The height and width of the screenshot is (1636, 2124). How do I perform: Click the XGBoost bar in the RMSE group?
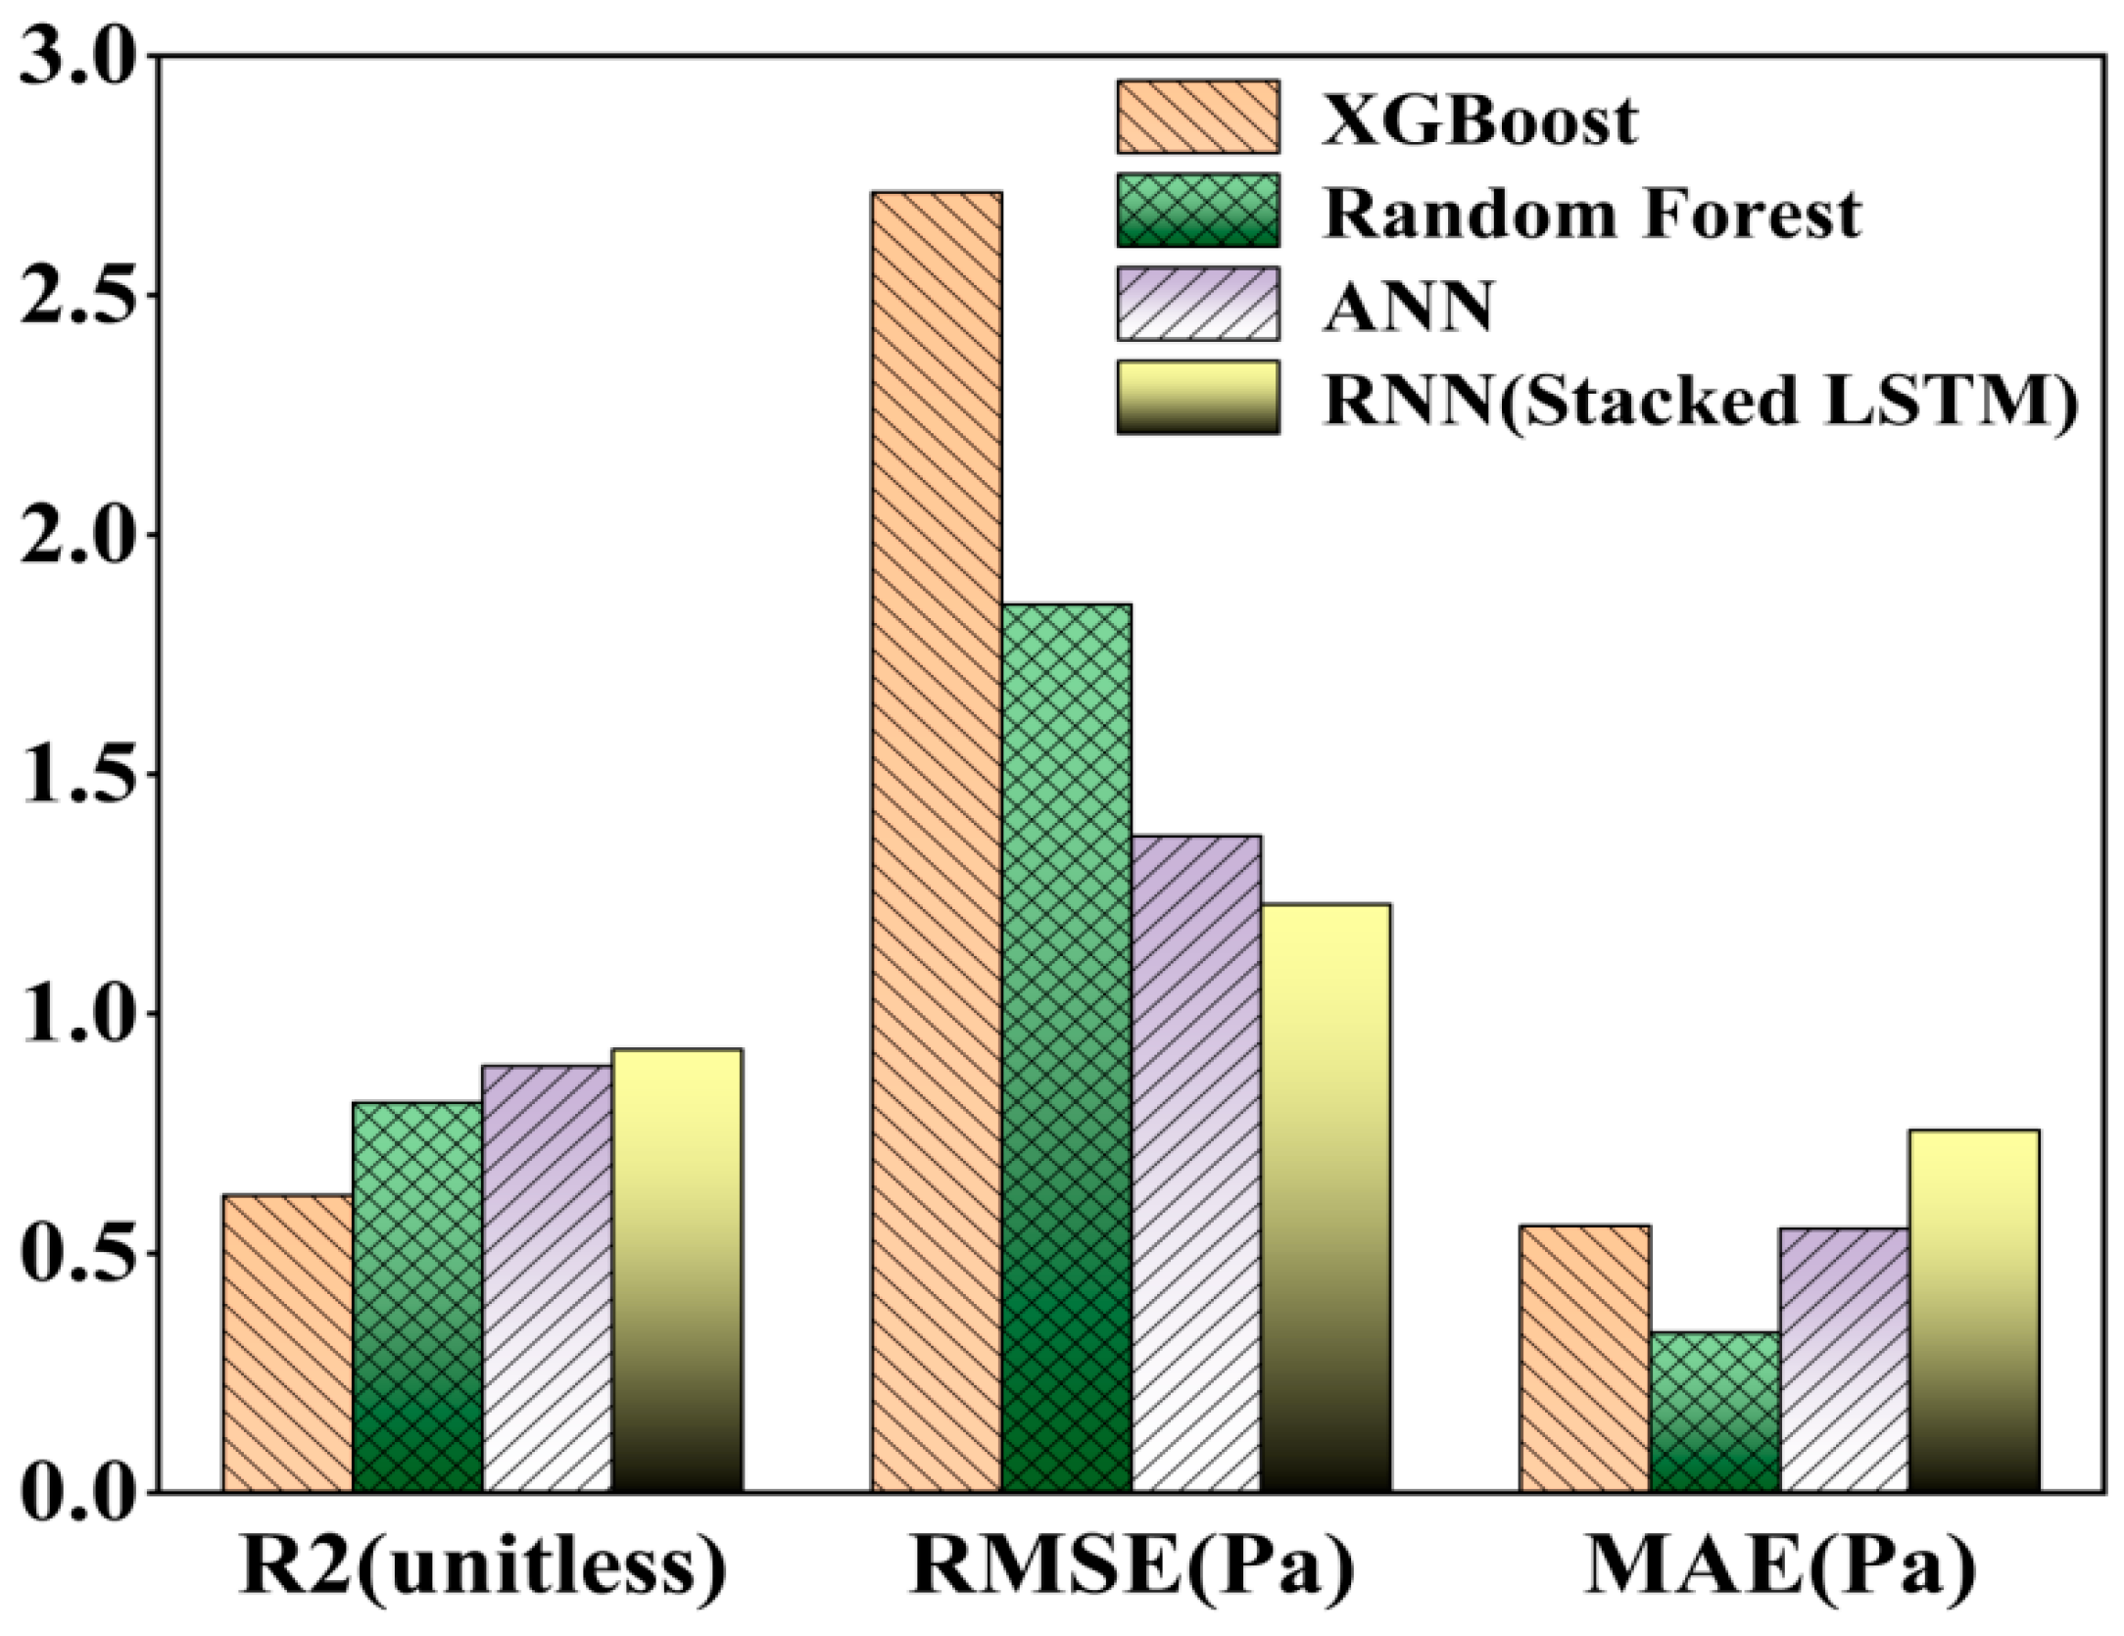(x=937, y=842)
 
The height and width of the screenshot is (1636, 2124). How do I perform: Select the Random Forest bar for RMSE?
(x=1066, y=1048)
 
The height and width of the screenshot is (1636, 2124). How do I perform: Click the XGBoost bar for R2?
(x=287, y=1343)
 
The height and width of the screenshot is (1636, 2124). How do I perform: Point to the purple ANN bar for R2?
(x=547, y=1278)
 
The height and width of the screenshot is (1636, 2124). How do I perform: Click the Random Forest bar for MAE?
(x=1714, y=1412)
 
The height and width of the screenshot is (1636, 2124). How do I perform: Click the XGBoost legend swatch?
(x=1198, y=118)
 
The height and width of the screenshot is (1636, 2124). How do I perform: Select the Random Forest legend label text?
(x=1592, y=213)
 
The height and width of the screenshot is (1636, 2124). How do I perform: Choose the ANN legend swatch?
(x=1198, y=304)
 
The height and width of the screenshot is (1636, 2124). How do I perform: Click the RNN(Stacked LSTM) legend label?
(x=1700, y=399)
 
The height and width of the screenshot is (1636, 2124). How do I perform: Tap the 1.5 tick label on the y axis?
(x=76, y=775)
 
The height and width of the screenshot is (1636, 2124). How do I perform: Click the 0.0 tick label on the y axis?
(x=76, y=1493)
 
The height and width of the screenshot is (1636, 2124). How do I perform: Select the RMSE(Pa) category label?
(x=1132, y=1567)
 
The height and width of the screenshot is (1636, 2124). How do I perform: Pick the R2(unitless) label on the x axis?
(x=482, y=1567)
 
